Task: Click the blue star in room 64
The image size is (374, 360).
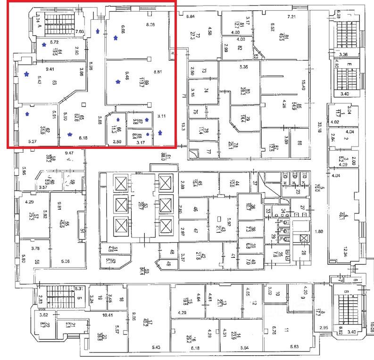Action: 44,45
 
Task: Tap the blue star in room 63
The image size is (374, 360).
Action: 27,74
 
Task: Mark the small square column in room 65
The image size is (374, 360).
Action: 83,104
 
